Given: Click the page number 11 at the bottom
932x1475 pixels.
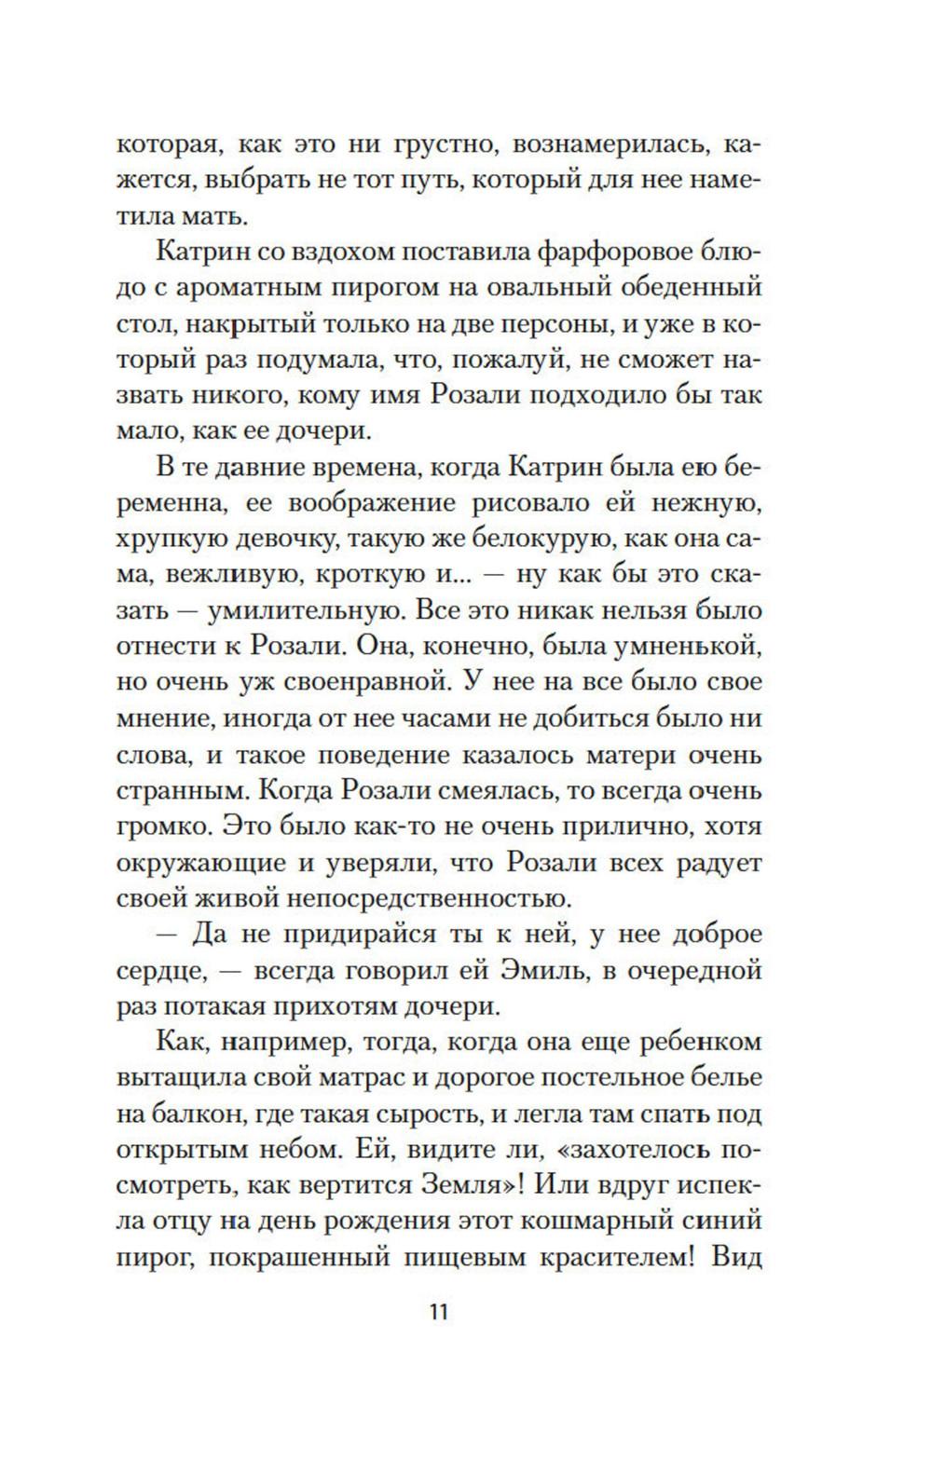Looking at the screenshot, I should (x=439, y=1312).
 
